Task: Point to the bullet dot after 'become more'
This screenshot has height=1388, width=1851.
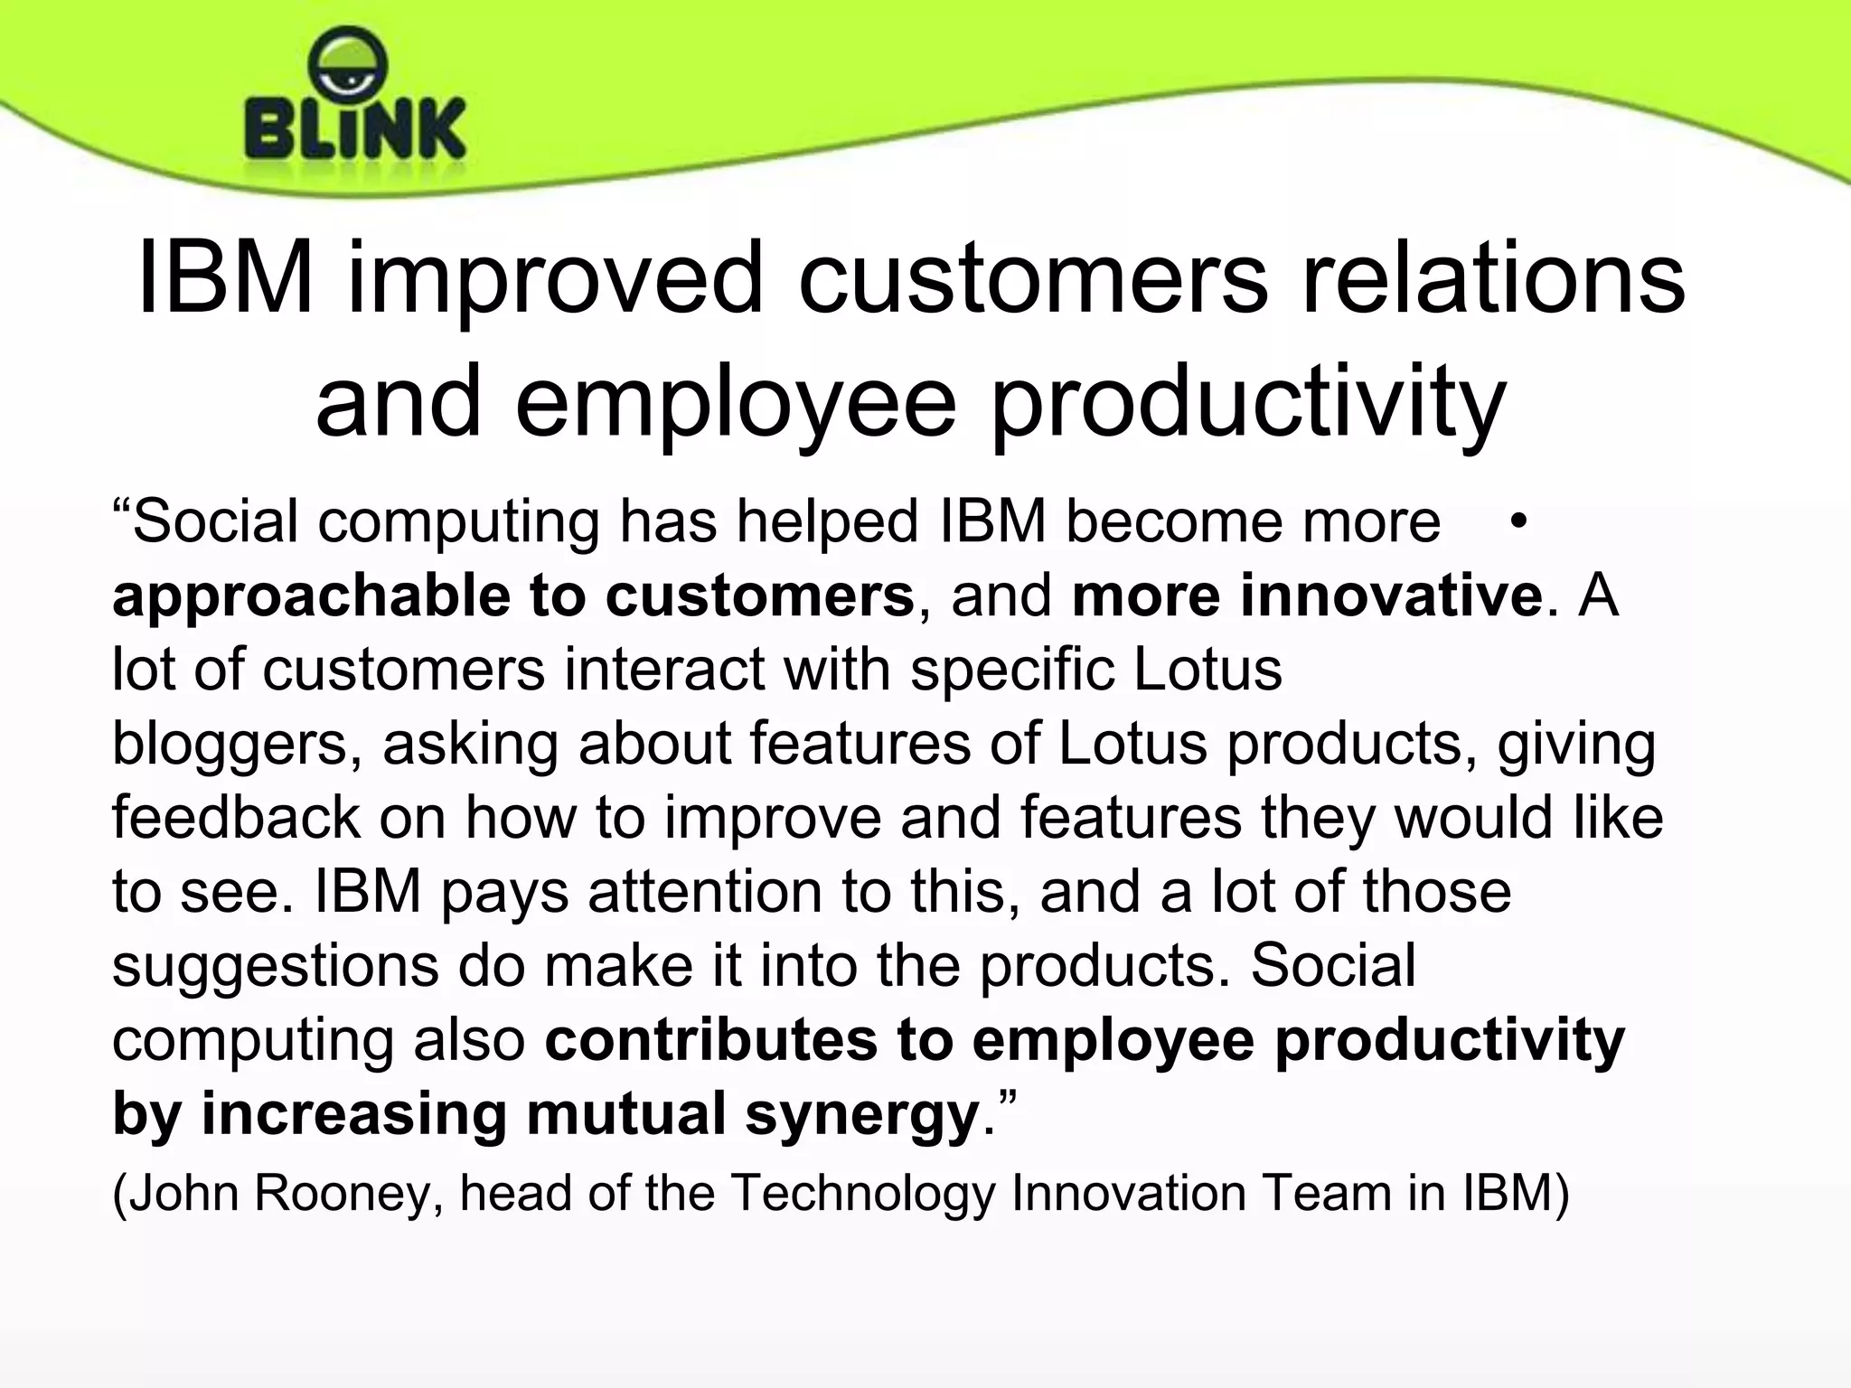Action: tap(1518, 521)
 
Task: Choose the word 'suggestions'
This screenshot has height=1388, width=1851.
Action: tap(275, 965)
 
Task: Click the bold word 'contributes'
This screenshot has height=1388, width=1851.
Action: tap(710, 1039)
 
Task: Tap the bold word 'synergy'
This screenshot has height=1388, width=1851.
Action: tap(862, 1114)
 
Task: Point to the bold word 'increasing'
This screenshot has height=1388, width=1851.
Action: tap(353, 1114)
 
